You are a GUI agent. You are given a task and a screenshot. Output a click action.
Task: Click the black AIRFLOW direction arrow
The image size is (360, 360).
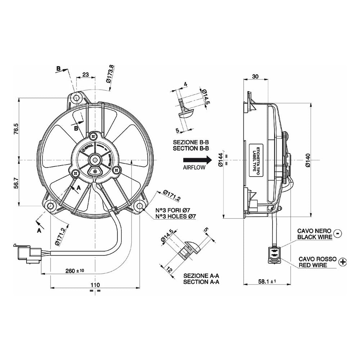tap(197, 159)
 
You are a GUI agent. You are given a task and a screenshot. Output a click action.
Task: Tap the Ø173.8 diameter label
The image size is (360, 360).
tap(111, 74)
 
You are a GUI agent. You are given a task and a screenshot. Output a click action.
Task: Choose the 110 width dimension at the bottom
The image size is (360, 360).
tap(95, 285)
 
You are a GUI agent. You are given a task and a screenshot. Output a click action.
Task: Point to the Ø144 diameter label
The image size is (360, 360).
tap(221, 159)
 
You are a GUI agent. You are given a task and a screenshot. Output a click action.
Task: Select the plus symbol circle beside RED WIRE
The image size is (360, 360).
tap(343, 262)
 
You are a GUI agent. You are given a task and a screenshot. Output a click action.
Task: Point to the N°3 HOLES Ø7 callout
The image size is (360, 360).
tap(175, 217)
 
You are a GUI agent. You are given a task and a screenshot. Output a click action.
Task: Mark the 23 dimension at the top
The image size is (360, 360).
tap(85, 75)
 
